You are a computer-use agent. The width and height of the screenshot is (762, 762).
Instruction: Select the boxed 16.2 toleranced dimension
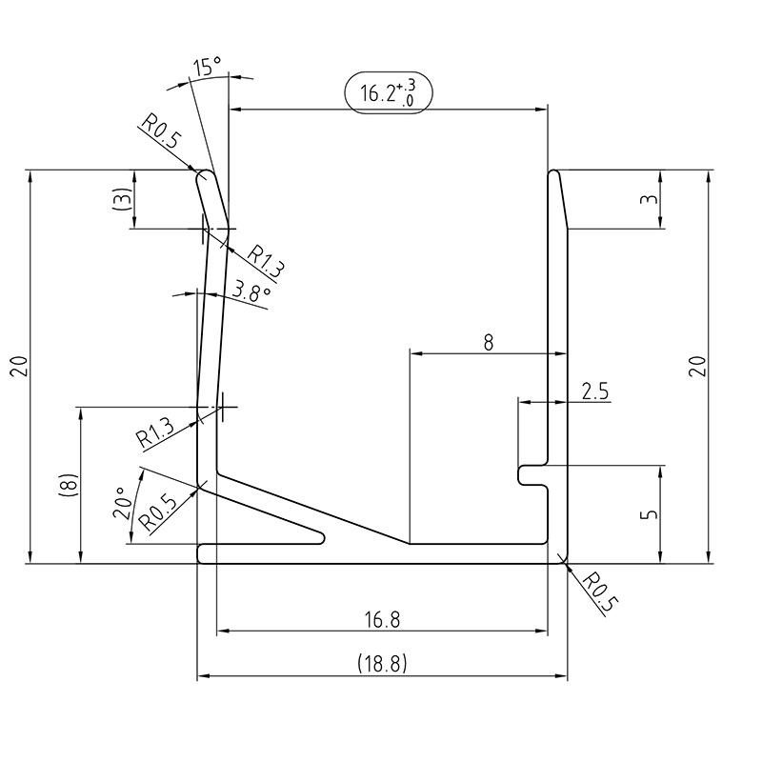click(388, 92)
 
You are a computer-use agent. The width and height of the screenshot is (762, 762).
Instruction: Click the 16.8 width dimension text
click(382, 619)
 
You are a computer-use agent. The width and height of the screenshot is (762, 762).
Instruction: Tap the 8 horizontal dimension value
click(488, 341)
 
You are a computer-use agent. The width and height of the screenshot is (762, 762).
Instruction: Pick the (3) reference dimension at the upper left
click(120, 200)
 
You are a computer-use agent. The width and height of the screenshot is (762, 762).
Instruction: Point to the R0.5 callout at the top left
click(162, 134)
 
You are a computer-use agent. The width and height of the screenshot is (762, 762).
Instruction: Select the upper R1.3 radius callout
click(266, 263)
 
